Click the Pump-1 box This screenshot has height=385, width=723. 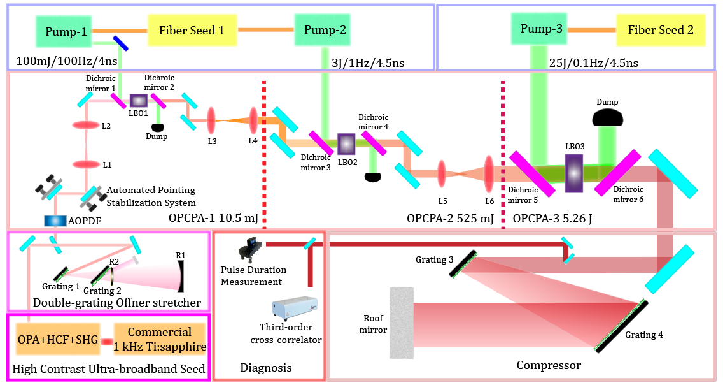(x=66, y=30)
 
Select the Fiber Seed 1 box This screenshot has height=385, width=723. (x=192, y=30)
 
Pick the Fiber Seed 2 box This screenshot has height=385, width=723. (x=660, y=29)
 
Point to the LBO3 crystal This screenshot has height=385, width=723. (x=574, y=171)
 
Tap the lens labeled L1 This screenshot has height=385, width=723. (x=85, y=164)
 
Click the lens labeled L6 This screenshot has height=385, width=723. (x=489, y=173)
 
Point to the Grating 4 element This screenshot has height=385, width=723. (x=621, y=326)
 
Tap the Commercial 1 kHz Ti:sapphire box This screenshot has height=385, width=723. (x=159, y=339)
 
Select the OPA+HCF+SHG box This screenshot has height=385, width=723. (x=55, y=339)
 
